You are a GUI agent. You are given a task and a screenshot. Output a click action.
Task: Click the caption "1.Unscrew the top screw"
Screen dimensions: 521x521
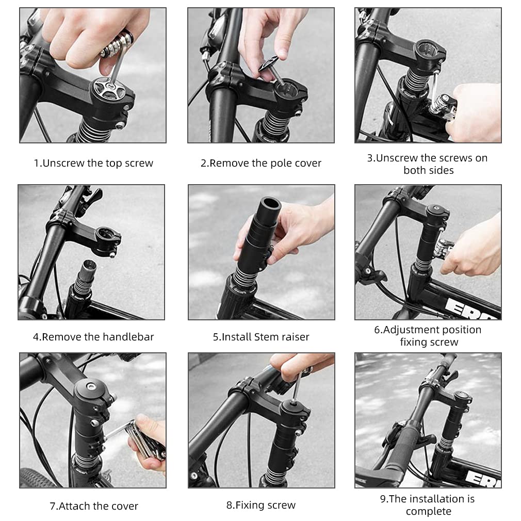pyautogui.click(x=93, y=163)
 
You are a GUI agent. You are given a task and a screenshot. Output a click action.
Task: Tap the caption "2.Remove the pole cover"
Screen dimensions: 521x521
pyautogui.click(x=261, y=163)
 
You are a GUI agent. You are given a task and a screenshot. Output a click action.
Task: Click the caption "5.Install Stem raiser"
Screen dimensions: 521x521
pyautogui.click(x=261, y=337)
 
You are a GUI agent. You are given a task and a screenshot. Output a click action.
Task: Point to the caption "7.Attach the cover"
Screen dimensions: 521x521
pyautogui.click(x=94, y=506)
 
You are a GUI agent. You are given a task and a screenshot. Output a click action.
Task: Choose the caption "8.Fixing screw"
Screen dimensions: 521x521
pyautogui.click(x=261, y=506)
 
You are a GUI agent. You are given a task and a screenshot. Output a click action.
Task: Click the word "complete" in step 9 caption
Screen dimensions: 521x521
pyautogui.click(x=429, y=511)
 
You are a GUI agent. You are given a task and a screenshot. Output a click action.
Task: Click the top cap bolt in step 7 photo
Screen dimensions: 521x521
pyautogui.click(x=90, y=386)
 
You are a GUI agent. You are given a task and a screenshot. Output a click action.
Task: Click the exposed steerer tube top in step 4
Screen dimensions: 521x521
pyautogui.click(x=89, y=266)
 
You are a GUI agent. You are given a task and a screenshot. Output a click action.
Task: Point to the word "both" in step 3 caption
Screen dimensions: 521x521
pyautogui.click(x=414, y=170)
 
